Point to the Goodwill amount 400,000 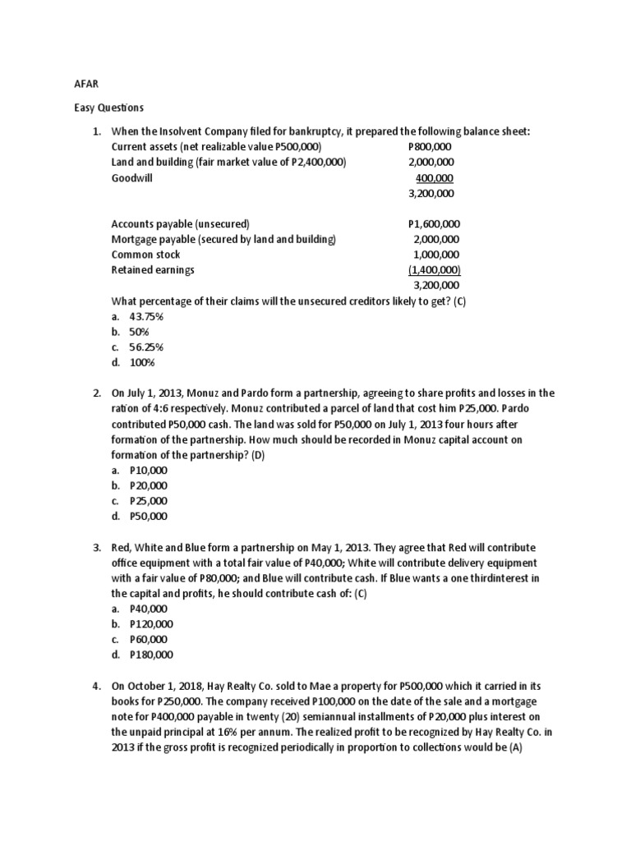pos(435,177)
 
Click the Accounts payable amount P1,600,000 pos(434,223)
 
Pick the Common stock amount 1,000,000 pos(436,255)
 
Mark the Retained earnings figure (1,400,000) pos(435,270)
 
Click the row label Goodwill pos(131,177)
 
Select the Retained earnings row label pos(153,270)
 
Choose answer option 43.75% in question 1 pos(147,316)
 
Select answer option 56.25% pos(147,347)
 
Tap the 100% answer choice pos(141,362)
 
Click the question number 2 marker pos(95,393)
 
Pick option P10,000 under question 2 pos(148,471)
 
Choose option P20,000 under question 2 pos(148,485)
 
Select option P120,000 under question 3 pos(151,624)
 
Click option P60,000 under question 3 pos(148,639)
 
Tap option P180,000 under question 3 pos(151,655)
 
